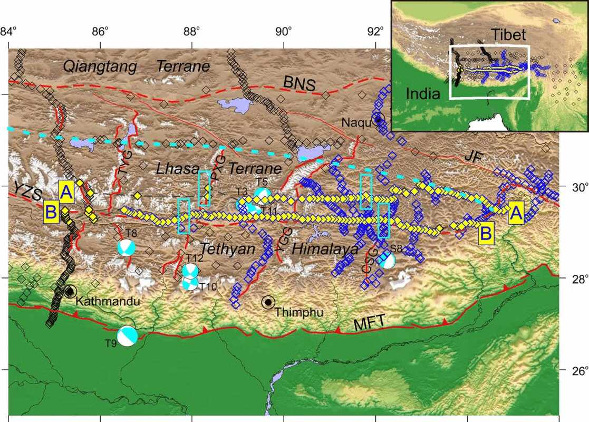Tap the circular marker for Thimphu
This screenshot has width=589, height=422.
(x=269, y=302)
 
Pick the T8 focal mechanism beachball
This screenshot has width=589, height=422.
(x=127, y=247)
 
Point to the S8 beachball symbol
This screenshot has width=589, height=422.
(x=387, y=260)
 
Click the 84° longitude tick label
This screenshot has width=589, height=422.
(x=8, y=30)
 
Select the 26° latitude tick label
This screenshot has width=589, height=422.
(x=575, y=370)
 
